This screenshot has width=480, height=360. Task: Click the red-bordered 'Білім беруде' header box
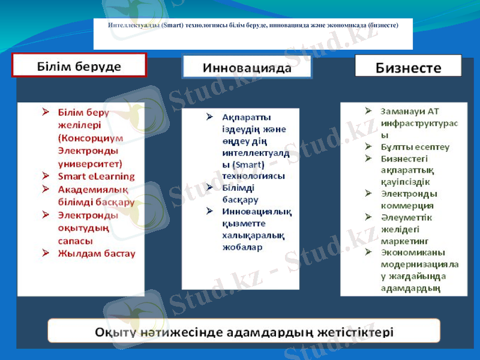(80, 65)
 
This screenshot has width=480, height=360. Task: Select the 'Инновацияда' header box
(247, 67)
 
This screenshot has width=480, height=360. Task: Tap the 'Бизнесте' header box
(408, 66)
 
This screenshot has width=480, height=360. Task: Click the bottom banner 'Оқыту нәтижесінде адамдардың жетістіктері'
(244, 331)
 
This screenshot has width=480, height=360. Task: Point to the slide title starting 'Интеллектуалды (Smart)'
(253, 26)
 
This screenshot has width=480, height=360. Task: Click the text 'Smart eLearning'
(96, 176)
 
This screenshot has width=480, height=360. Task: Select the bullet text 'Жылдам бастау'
(96, 253)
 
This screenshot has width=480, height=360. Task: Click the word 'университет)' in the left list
(90, 163)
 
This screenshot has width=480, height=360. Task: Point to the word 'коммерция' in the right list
(403, 205)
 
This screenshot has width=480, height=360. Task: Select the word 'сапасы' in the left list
(75, 241)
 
